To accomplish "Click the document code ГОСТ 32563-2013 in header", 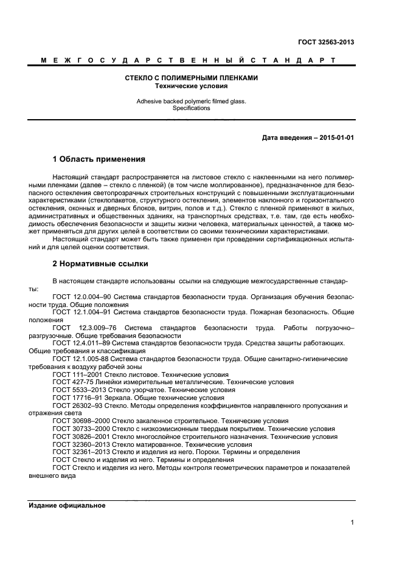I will pyautogui.click(x=327, y=42).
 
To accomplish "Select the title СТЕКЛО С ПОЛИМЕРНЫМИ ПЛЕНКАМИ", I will pyautogui.click(x=192, y=78).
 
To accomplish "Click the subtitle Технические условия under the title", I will pyautogui.click(x=192, y=86).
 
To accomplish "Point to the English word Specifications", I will pyautogui.click(x=192, y=108).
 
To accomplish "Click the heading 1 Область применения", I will pyautogui.click(x=99, y=160).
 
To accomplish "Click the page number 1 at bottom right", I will pyautogui.click(x=352, y=522).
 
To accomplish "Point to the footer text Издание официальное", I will pyautogui.click(x=67, y=505).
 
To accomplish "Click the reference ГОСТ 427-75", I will pyautogui.click(x=72, y=382).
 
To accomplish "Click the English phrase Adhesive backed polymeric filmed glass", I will pyautogui.click(x=192, y=102).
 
